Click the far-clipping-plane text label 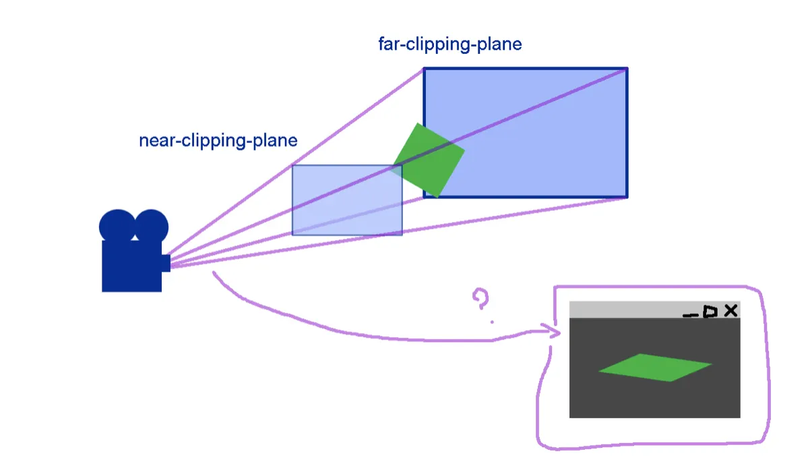pos(450,45)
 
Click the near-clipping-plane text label pos(218,141)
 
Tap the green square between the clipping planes pos(429,160)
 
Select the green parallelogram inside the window pos(655,368)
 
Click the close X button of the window pos(730,311)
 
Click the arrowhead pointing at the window pos(557,332)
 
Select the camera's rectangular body pos(131,266)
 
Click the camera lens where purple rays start pos(166,262)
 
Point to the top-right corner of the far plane pos(627,69)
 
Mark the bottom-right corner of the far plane pos(627,197)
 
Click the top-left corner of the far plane pos(424,69)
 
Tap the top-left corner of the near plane pos(292,166)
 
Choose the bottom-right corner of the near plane pos(402,235)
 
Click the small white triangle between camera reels pos(135,237)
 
